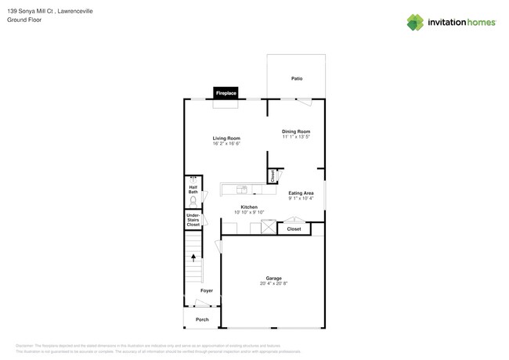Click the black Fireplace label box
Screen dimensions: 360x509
click(226, 93)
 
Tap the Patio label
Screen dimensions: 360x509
click(297, 78)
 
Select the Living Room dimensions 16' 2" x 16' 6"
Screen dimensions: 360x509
click(226, 144)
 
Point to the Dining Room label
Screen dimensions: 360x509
click(296, 131)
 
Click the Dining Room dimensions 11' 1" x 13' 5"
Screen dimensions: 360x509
click(296, 137)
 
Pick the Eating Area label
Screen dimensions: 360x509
click(301, 193)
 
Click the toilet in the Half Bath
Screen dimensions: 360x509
click(193, 201)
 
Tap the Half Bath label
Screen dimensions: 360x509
click(193, 189)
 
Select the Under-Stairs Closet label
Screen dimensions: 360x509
click(193, 220)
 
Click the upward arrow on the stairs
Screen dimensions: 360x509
click(193, 257)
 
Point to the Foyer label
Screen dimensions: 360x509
click(206, 290)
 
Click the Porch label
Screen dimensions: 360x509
click(202, 319)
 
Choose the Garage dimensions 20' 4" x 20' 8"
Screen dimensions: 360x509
click(273, 283)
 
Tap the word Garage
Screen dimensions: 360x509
click(273, 278)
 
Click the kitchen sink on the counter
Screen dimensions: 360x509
click(242, 189)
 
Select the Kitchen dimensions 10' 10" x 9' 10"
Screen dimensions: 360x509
click(249, 212)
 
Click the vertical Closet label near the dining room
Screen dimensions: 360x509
click(272, 177)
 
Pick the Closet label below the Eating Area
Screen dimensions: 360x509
click(294, 229)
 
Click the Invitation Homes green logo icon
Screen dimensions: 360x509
click(415, 23)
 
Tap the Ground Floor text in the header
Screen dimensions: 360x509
click(24, 20)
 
